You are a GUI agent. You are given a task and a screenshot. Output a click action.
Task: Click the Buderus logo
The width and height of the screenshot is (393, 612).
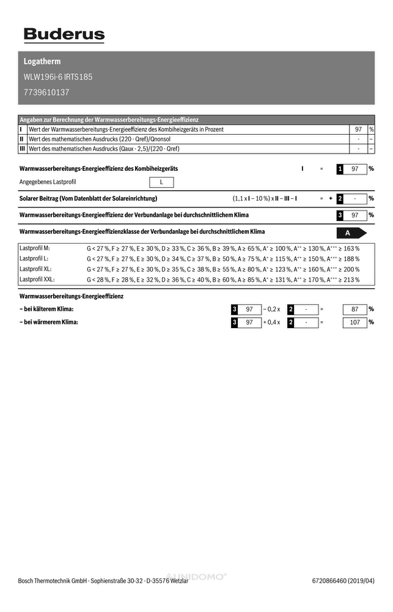pyautogui.click(x=64, y=35)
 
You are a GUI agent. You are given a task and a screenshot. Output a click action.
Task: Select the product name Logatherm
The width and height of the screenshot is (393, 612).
pyautogui.click(x=42, y=62)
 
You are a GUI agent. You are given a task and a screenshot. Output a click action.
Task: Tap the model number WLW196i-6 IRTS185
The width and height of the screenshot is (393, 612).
pyautogui.click(x=58, y=77)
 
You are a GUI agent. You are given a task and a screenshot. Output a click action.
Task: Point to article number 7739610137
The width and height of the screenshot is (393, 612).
pyautogui.click(x=46, y=92)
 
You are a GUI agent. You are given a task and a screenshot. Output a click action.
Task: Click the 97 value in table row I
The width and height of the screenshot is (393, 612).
pyautogui.click(x=358, y=130)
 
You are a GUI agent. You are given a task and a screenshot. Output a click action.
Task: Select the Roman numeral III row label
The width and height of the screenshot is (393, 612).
pyautogui.click(x=22, y=149)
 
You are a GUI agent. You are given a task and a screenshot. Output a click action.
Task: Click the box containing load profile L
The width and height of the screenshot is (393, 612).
pyautogui.click(x=161, y=182)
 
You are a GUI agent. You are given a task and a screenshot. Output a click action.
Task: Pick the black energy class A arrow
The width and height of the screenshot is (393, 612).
pyautogui.click(x=351, y=233)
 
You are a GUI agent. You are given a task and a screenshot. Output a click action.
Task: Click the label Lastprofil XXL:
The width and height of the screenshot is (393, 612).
pyautogui.click(x=37, y=279)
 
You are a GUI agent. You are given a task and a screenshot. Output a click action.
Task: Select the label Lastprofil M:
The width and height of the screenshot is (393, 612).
pyautogui.click(x=35, y=248)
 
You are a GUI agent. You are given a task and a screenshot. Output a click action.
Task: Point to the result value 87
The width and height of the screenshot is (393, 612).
pyautogui.click(x=355, y=310)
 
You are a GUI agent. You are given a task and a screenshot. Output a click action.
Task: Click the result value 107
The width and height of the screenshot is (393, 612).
pyautogui.click(x=355, y=323)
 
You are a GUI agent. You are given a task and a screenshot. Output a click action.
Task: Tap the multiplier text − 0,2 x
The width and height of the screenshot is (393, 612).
pyautogui.click(x=271, y=310)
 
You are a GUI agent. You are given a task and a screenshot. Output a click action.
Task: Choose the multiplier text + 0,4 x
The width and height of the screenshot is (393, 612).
pyautogui.click(x=271, y=323)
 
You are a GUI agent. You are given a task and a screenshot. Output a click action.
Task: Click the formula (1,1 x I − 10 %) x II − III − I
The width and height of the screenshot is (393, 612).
pyautogui.click(x=265, y=199)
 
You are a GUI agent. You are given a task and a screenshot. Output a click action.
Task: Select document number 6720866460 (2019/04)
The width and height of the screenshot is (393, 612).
pyautogui.click(x=343, y=581)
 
